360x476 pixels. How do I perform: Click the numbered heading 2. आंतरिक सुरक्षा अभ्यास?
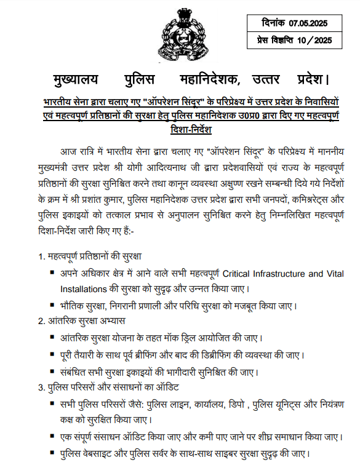pyautogui.click(x=81, y=321)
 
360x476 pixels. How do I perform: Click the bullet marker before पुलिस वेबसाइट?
pyautogui.click(x=52, y=454)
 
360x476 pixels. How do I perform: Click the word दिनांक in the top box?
pyautogui.click(x=271, y=23)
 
